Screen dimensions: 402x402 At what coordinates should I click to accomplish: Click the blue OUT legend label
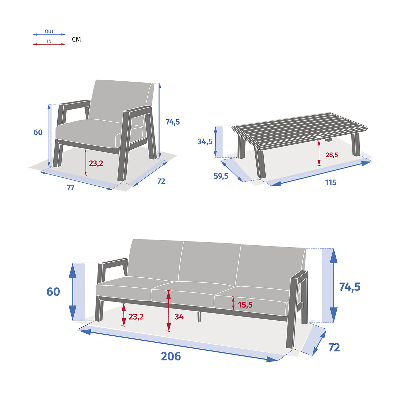pyautogui.click(x=49, y=31)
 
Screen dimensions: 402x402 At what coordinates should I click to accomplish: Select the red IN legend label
pyautogui.click(x=49, y=42)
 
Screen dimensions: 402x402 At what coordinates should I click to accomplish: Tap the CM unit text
pyautogui.click(x=76, y=40)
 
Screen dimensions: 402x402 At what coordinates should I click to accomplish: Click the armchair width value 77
pyautogui.click(x=71, y=188)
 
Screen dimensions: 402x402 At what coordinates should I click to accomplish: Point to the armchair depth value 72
pyautogui.click(x=161, y=181)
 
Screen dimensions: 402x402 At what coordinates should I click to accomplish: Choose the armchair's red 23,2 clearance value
pyautogui.click(x=96, y=163)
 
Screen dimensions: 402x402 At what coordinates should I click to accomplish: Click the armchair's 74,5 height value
pyautogui.click(x=173, y=122)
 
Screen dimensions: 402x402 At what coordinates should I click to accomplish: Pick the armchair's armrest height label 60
pyautogui.click(x=38, y=132)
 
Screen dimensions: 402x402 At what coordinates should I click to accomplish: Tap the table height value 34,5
pyautogui.click(x=205, y=142)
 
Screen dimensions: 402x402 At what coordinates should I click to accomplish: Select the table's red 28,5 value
pyautogui.click(x=332, y=155)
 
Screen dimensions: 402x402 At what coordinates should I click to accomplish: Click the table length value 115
pyautogui.click(x=330, y=183)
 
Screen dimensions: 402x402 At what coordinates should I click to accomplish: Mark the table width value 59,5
pyautogui.click(x=221, y=176)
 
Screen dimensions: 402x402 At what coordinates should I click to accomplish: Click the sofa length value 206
pyautogui.click(x=171, y=356)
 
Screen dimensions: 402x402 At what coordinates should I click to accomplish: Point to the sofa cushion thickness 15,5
pyautogui.click(x=245, y=305)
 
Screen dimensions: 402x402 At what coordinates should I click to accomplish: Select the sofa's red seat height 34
pyautogui.click(x=179, y=317)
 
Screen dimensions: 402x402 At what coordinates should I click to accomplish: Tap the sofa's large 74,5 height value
pyautogui.click(x=349, y=287)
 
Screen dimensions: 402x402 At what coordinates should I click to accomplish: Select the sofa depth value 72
pyautogui.click(x=334, y=347)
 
